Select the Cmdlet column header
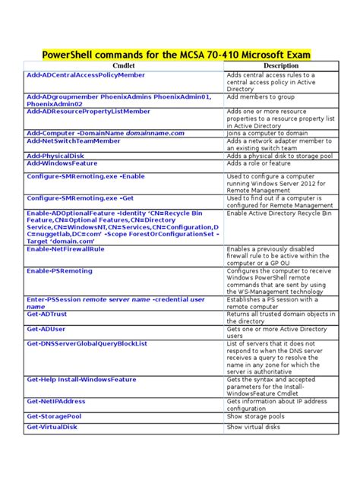pyautogui.click(x=123, y=66)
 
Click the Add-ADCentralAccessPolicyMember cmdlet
pyautogui.click(x=86, y=75)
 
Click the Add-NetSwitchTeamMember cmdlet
pyautogui.click(x=73, y=141)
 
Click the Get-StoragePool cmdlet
pyautogui.click(x=58, y=416)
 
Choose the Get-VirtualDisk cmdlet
pyautogui.click(x=55, y=428)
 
